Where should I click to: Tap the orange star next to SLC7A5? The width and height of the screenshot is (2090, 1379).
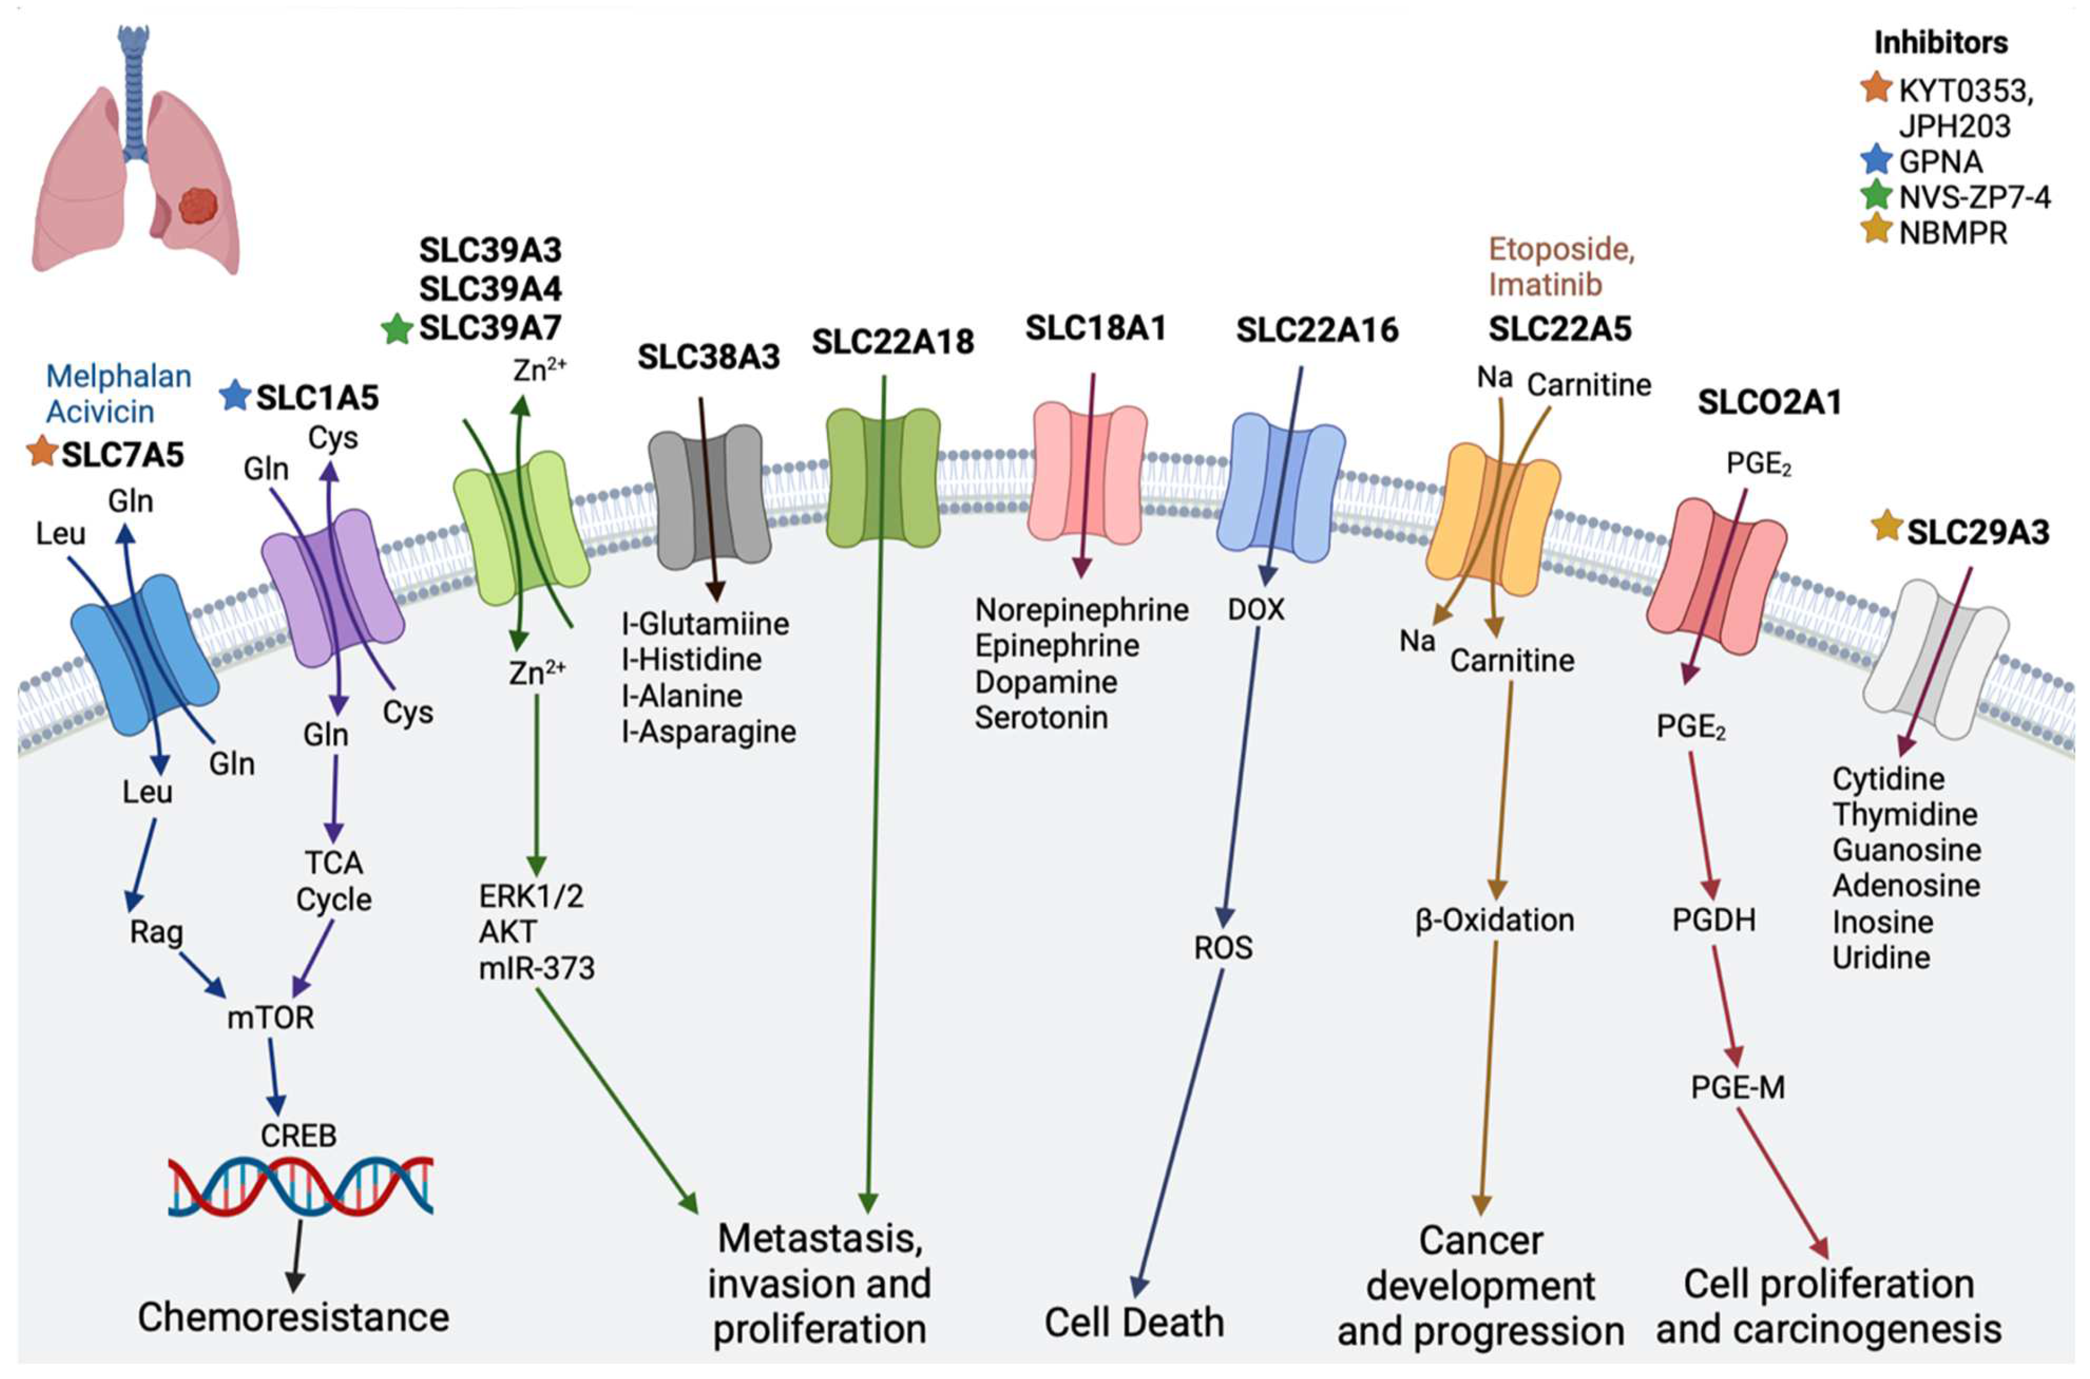42,452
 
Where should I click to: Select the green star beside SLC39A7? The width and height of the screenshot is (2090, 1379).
397,330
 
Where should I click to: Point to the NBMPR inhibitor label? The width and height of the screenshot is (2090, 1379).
1953,234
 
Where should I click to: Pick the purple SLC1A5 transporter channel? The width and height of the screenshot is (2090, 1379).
332,588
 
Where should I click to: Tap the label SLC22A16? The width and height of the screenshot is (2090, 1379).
1316,331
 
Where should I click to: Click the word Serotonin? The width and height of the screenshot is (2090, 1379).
1040,718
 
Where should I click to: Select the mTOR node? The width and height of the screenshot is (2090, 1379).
270,1018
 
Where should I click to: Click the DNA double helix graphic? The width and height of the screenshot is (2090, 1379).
301,1187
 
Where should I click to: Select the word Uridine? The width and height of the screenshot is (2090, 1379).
1881,957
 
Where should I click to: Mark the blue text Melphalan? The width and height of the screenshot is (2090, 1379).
119,377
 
